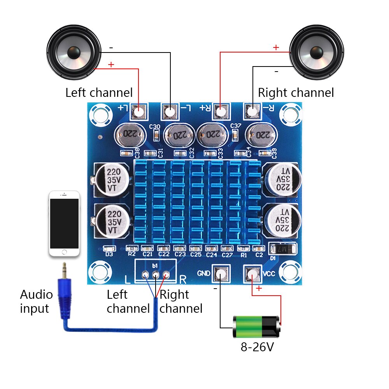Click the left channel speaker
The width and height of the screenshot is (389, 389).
click(73, 52)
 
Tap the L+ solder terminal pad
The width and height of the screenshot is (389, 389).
click(139, 112)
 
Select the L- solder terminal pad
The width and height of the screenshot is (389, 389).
click(170, 112)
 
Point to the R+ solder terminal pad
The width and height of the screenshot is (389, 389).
click(221, 112)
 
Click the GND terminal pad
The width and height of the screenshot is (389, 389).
click(221, 274)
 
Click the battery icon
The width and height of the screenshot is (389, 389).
click(256, 326)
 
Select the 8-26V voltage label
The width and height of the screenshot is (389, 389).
click(257, 347)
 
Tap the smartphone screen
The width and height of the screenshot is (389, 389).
click(64, 224)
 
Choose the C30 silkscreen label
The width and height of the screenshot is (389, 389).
click(154, 127)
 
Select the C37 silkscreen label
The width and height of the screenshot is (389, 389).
click(236, 126)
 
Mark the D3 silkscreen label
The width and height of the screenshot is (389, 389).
click(109, 254)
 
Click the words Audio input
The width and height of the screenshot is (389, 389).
click(35, 301)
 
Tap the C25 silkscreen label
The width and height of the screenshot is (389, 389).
click(196, 254)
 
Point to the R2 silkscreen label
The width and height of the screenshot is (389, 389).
click(132, 254)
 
